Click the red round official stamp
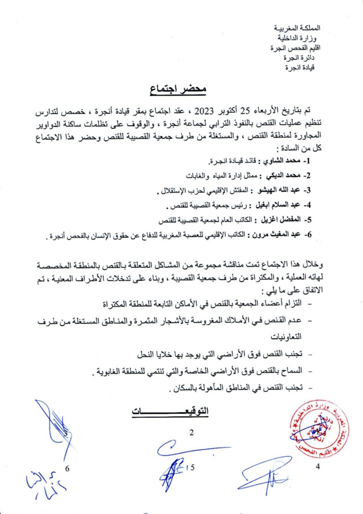click(320, 430)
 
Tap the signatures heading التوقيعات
click(170, 412)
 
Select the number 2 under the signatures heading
click(191, 433)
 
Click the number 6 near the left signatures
click(68, 468)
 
